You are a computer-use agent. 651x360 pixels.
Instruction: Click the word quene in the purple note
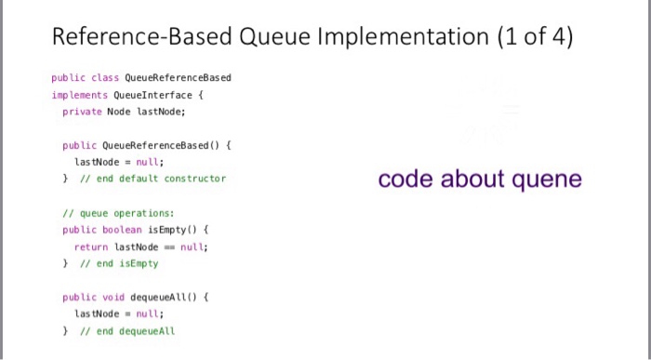point(547,180)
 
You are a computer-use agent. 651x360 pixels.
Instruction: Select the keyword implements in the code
point(80,94)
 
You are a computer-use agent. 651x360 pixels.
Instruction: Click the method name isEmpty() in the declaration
point(176,229)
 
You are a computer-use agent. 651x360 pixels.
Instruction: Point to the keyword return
point(91,247)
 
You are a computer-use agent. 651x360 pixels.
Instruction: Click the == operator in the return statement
point(166,247)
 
